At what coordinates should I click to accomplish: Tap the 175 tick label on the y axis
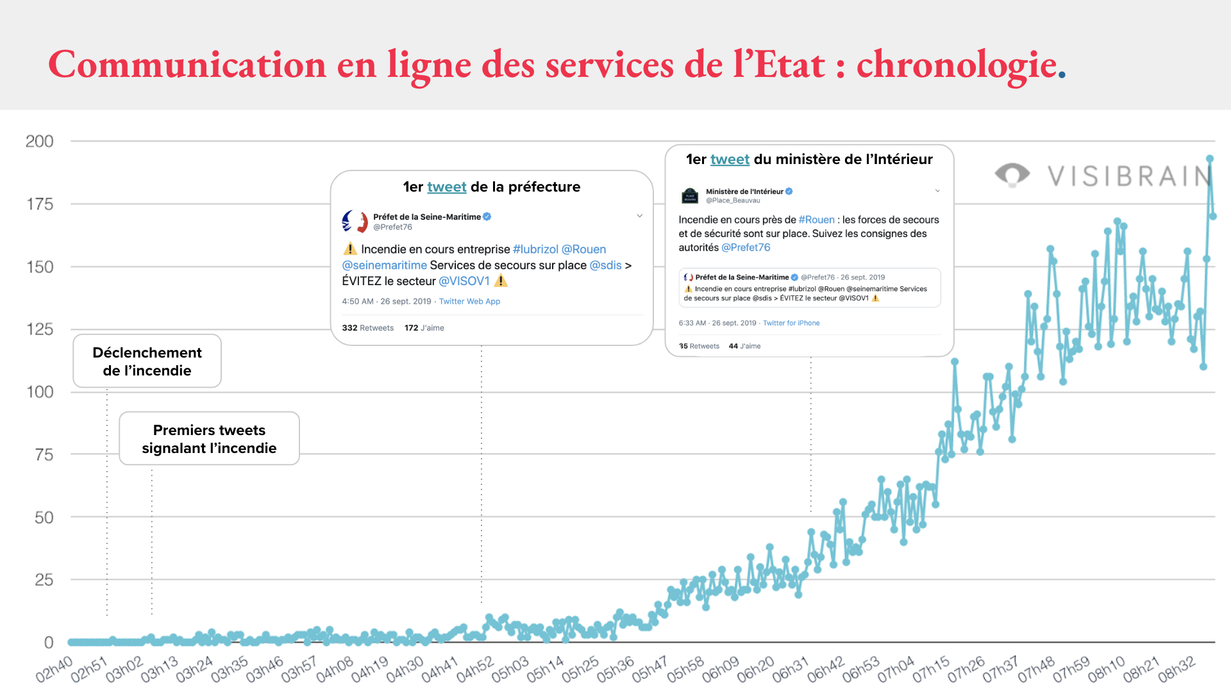tap(40, 204)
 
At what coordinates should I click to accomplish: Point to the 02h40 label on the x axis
tap(54, 670)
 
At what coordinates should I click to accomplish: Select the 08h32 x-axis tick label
tap(1177, 670)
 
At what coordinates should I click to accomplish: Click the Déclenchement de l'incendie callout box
tap(147, 361)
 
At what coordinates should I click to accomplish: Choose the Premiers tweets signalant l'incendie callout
tap(209, 439)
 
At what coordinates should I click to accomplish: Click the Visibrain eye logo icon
tap(1012, 174)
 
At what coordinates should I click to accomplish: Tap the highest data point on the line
tap(1210, 159)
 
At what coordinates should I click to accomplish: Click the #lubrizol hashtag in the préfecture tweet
tap(535, 249)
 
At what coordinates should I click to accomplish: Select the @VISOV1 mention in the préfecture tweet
tap(464, 281)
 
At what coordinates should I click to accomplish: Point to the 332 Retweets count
tap(367, 328)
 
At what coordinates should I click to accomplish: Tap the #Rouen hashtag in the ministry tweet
tap(816, 220)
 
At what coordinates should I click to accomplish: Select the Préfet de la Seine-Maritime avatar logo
tap(355, 222)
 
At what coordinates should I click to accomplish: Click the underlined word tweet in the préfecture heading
tap(446, 187)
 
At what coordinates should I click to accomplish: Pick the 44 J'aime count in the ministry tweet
tap(744, 346)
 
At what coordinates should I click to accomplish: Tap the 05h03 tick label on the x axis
tap(510, 670)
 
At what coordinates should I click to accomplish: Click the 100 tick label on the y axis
tap(40, 392)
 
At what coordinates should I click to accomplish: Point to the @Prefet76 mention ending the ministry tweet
tap(746, 248)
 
